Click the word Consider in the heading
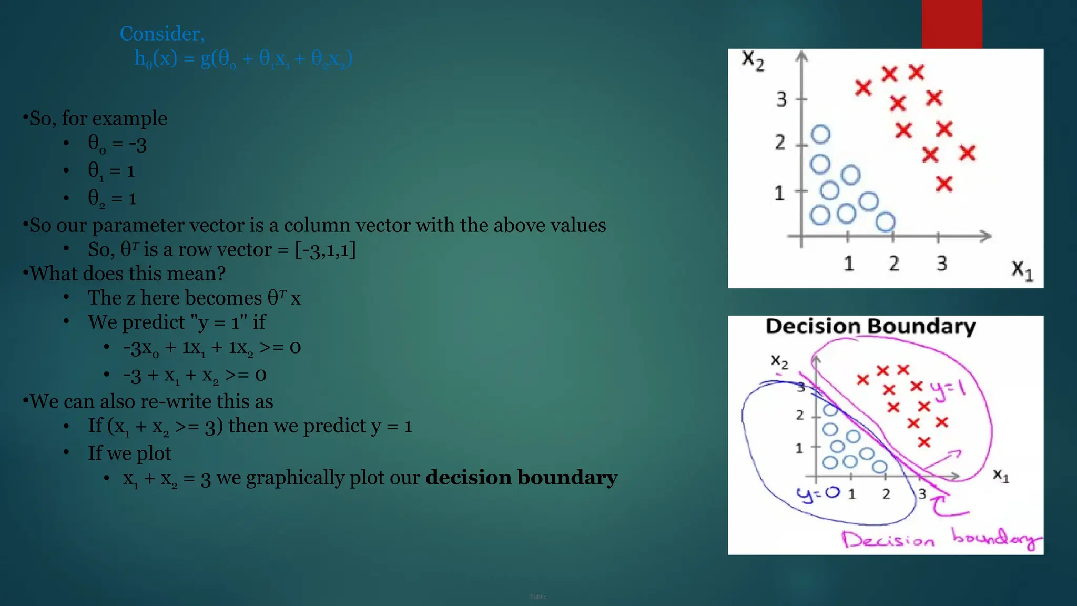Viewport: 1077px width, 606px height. pos(161,34)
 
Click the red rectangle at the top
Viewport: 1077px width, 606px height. pos(951,24)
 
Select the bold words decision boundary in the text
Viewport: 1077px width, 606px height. pos(521,478)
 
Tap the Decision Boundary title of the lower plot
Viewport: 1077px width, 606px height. pos(870,327)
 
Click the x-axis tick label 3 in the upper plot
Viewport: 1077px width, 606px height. pos(941,264)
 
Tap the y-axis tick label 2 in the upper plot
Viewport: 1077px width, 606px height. pos(780,143)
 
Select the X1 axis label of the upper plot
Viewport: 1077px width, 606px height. pos(1022,270)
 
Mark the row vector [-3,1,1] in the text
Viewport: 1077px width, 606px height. pos(325,250)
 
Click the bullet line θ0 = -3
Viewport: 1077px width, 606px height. pos(117,144)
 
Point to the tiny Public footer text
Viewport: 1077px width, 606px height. pos(538,597)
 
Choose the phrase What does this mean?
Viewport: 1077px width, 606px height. pos(128,274)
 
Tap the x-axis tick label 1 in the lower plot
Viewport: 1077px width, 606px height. pos(851,494)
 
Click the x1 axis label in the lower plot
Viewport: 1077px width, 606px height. pos(1001,476)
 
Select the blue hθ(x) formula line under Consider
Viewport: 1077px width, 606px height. pos(243,58)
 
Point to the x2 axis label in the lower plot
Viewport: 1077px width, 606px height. pos(779,361)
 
